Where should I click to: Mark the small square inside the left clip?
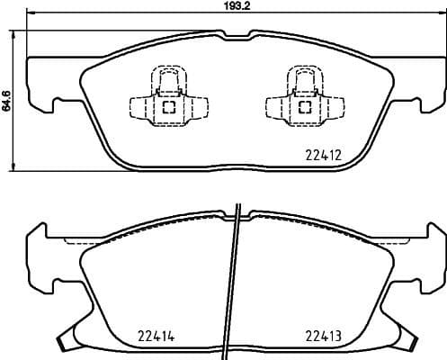(x=167, y=108)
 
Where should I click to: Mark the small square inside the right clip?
(x=303, y=108)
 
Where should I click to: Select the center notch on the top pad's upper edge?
(x=235, y=36)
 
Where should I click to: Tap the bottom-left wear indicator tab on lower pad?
(x=69, y=341)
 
